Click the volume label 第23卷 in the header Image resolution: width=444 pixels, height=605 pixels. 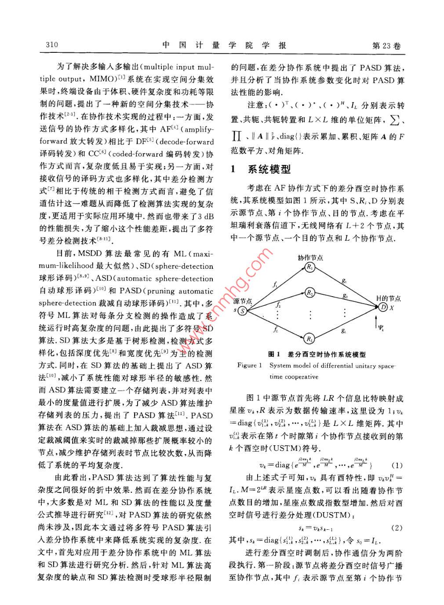pos(386,46)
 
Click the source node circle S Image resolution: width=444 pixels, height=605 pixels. pos(242,311)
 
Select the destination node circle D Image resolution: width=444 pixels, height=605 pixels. pos(383,307)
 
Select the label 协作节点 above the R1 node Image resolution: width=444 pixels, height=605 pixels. pos(310,257)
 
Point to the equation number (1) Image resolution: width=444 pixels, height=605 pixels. pos(397,465)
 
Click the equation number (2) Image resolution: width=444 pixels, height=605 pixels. pos(397,528)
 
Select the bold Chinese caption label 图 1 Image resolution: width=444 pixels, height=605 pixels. pos(274,354)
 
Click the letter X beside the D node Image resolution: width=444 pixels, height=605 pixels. pos(392,308)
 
